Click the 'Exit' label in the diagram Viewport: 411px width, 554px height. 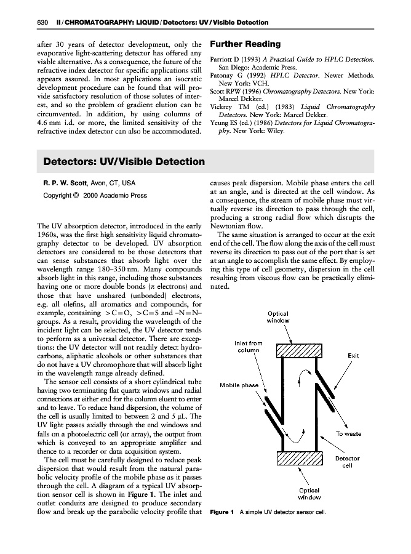[353, 356]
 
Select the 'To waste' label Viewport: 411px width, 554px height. [348, 434]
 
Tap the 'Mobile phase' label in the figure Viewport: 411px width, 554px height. [239, 385]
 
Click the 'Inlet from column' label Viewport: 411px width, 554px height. [249, 347]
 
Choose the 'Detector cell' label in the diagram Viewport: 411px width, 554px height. [347, 462]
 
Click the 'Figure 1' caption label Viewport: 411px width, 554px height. [222, 512]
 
